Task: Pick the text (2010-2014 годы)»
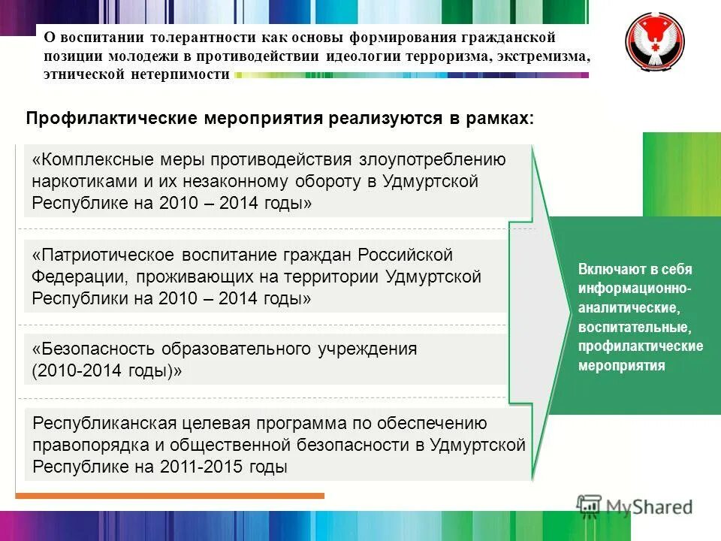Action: click(107, 371)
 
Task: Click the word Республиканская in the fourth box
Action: click(100, 423)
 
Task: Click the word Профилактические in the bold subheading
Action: click(112, 119)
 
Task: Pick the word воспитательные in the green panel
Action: click(632, 328)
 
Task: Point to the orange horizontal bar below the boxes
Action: click(170, 496)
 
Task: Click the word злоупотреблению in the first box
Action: click(433, 160)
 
